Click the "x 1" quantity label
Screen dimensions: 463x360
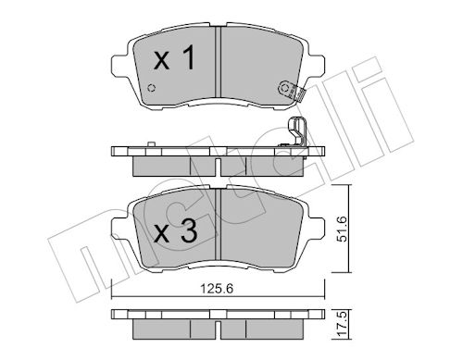point(174,57)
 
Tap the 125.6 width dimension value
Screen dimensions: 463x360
point(217,289)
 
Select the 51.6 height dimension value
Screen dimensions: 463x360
point(342,229)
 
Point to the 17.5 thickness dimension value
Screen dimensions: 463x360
point(342,323)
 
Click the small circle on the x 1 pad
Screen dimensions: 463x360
point(151,88)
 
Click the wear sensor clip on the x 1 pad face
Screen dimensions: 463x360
point(292,91)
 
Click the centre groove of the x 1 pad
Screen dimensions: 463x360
point(219,62)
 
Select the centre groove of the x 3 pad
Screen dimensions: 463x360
point(219,224)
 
